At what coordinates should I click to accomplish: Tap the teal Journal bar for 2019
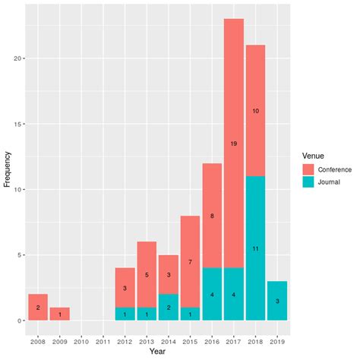pyautogui.click(x=277, y=301)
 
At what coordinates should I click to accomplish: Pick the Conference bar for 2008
pyautogui.click(x=38, y=307)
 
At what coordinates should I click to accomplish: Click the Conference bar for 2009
pyautogui.click(x=60, y=314)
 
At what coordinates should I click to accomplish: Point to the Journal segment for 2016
pyautogui.click(x=212, y=294)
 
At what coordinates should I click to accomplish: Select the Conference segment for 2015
pyautogui.click(x=190, y=261)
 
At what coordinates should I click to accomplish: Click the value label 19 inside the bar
pyautogui.click(x=234, y=143)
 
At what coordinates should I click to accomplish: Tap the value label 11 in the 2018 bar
pyautogui.click(x=255, y=248)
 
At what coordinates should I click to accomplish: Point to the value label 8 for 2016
pyautogui.click(x=212, y=216)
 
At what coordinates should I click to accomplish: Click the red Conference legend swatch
pyautogui.click(x=308, y=169)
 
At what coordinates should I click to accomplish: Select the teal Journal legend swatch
pyautogui.click(x=308, y=182)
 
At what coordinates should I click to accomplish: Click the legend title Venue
pyautogui.click(x=313, y=154)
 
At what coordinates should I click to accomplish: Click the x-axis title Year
pyautogui.click(x=157, y=351)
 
